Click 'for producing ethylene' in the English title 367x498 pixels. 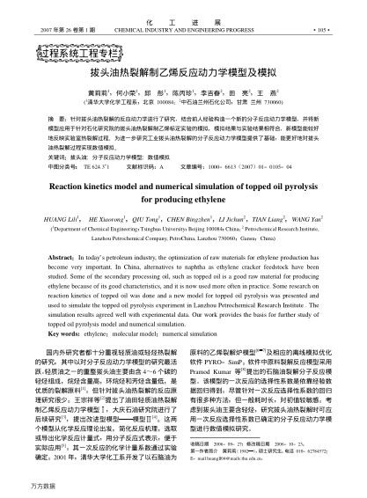(x=183, y=201)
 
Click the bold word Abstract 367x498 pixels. (x=67, y=254)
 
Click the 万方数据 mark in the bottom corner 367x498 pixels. (x=19, y=486)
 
